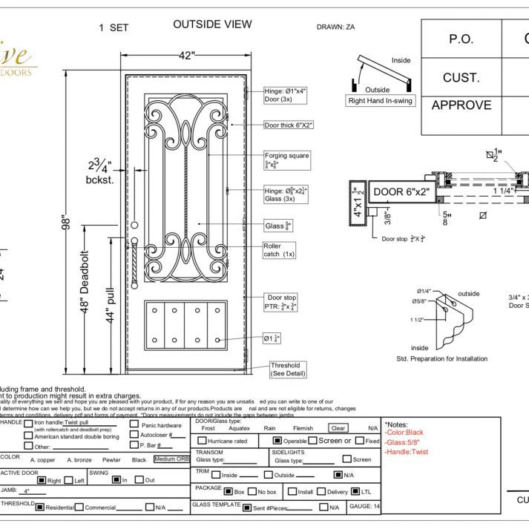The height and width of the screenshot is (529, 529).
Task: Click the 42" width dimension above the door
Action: pos(186,55)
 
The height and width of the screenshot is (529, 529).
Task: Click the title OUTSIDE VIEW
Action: pos(212,24)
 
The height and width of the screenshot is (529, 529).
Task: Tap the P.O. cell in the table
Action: pos(461,40)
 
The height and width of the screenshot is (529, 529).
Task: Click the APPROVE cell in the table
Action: pos(461,105)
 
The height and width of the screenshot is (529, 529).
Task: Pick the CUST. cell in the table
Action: pos(461,77)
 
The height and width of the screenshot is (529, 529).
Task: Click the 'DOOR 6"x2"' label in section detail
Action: pos(401,192)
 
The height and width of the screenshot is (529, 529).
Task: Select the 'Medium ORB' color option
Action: pos(171,459)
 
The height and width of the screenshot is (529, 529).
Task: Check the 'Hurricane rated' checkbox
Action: pos(202,441)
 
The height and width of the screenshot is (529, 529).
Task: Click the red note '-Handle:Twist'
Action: pos(406,452)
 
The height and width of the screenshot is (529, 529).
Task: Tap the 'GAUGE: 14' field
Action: pos(364,507)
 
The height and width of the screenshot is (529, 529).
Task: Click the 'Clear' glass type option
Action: pos(338,428)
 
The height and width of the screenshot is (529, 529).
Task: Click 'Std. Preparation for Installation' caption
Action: pos(442,358)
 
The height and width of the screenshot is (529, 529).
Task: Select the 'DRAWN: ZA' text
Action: pos(340,27)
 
